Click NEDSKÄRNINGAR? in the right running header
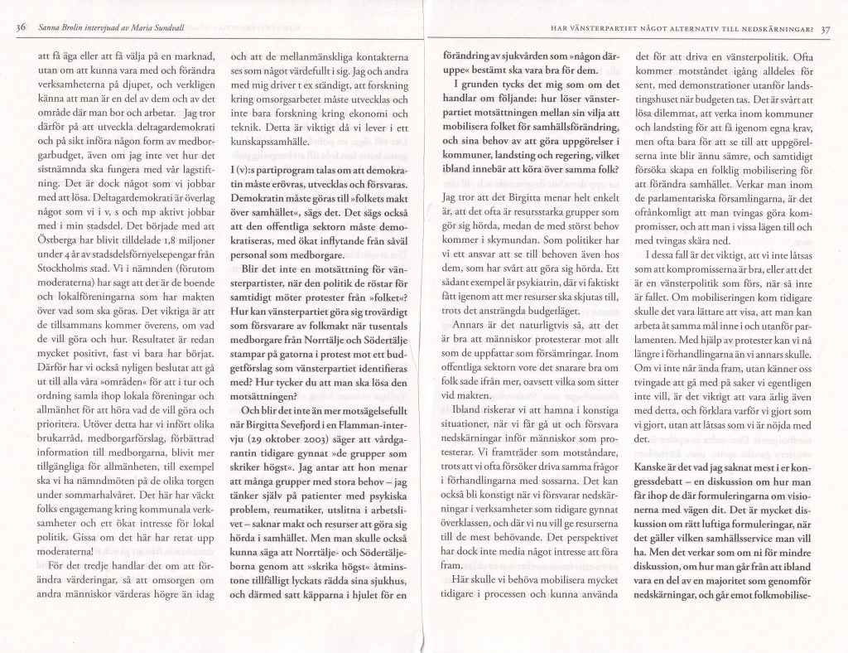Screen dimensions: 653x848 [773, 31]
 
